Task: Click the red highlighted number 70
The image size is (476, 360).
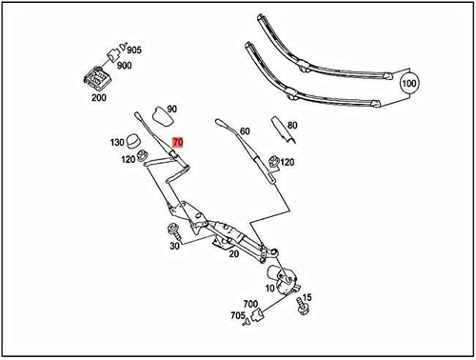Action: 179,141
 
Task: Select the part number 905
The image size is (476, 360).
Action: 134,50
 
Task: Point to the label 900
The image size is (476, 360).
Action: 124,66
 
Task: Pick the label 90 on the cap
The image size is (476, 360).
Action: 172,110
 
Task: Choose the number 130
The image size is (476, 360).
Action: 117,142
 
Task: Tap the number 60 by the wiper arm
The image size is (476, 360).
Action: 245,131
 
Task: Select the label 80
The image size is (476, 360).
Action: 292,124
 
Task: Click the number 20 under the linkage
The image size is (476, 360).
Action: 232,254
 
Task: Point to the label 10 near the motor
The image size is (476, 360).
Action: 268,287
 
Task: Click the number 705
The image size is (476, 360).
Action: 237,316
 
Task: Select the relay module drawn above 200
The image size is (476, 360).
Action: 98,77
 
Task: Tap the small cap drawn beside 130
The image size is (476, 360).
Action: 139,141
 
